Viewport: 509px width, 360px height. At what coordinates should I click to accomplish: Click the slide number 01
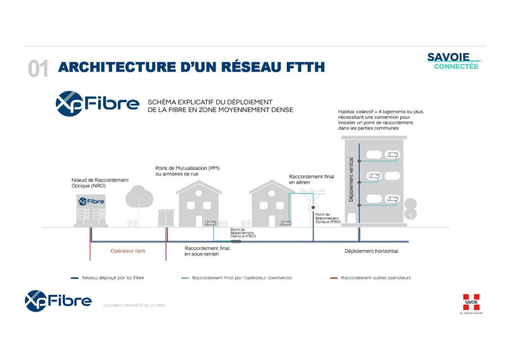point(38,69)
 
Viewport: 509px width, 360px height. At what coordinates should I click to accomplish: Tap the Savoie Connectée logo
point(453,61)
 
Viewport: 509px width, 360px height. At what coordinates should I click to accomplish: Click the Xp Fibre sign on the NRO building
point(91,201)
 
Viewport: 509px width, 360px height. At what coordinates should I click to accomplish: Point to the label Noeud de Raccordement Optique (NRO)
point(100,183)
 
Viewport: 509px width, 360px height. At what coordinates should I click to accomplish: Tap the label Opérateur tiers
point(128,251)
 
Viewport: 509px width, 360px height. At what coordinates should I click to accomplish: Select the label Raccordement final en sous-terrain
point(207,251)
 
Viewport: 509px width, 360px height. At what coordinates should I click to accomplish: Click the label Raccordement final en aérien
point(311,179)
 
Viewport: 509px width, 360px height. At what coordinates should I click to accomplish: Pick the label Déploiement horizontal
point(371,251)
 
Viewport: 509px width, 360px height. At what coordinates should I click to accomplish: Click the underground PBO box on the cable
point(236,241)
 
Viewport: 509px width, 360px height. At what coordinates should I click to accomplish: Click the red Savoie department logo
point(471,303)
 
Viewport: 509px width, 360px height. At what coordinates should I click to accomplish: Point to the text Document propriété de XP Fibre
point(134,306)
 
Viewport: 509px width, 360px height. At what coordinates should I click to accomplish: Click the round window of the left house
point(199,193)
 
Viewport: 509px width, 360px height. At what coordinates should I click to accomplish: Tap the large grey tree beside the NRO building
point(139,198)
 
